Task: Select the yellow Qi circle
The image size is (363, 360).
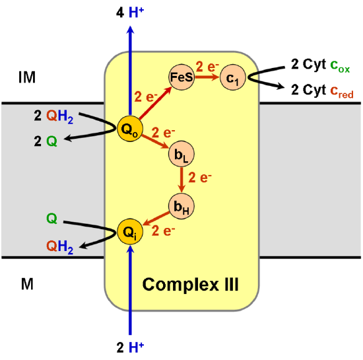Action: click(129, 232)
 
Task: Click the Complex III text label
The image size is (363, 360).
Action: click(191, 285)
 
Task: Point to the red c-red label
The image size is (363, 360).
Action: click(341, 93)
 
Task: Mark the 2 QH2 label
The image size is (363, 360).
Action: click(53, 116)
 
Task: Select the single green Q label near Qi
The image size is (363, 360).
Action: click(51, 218)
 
